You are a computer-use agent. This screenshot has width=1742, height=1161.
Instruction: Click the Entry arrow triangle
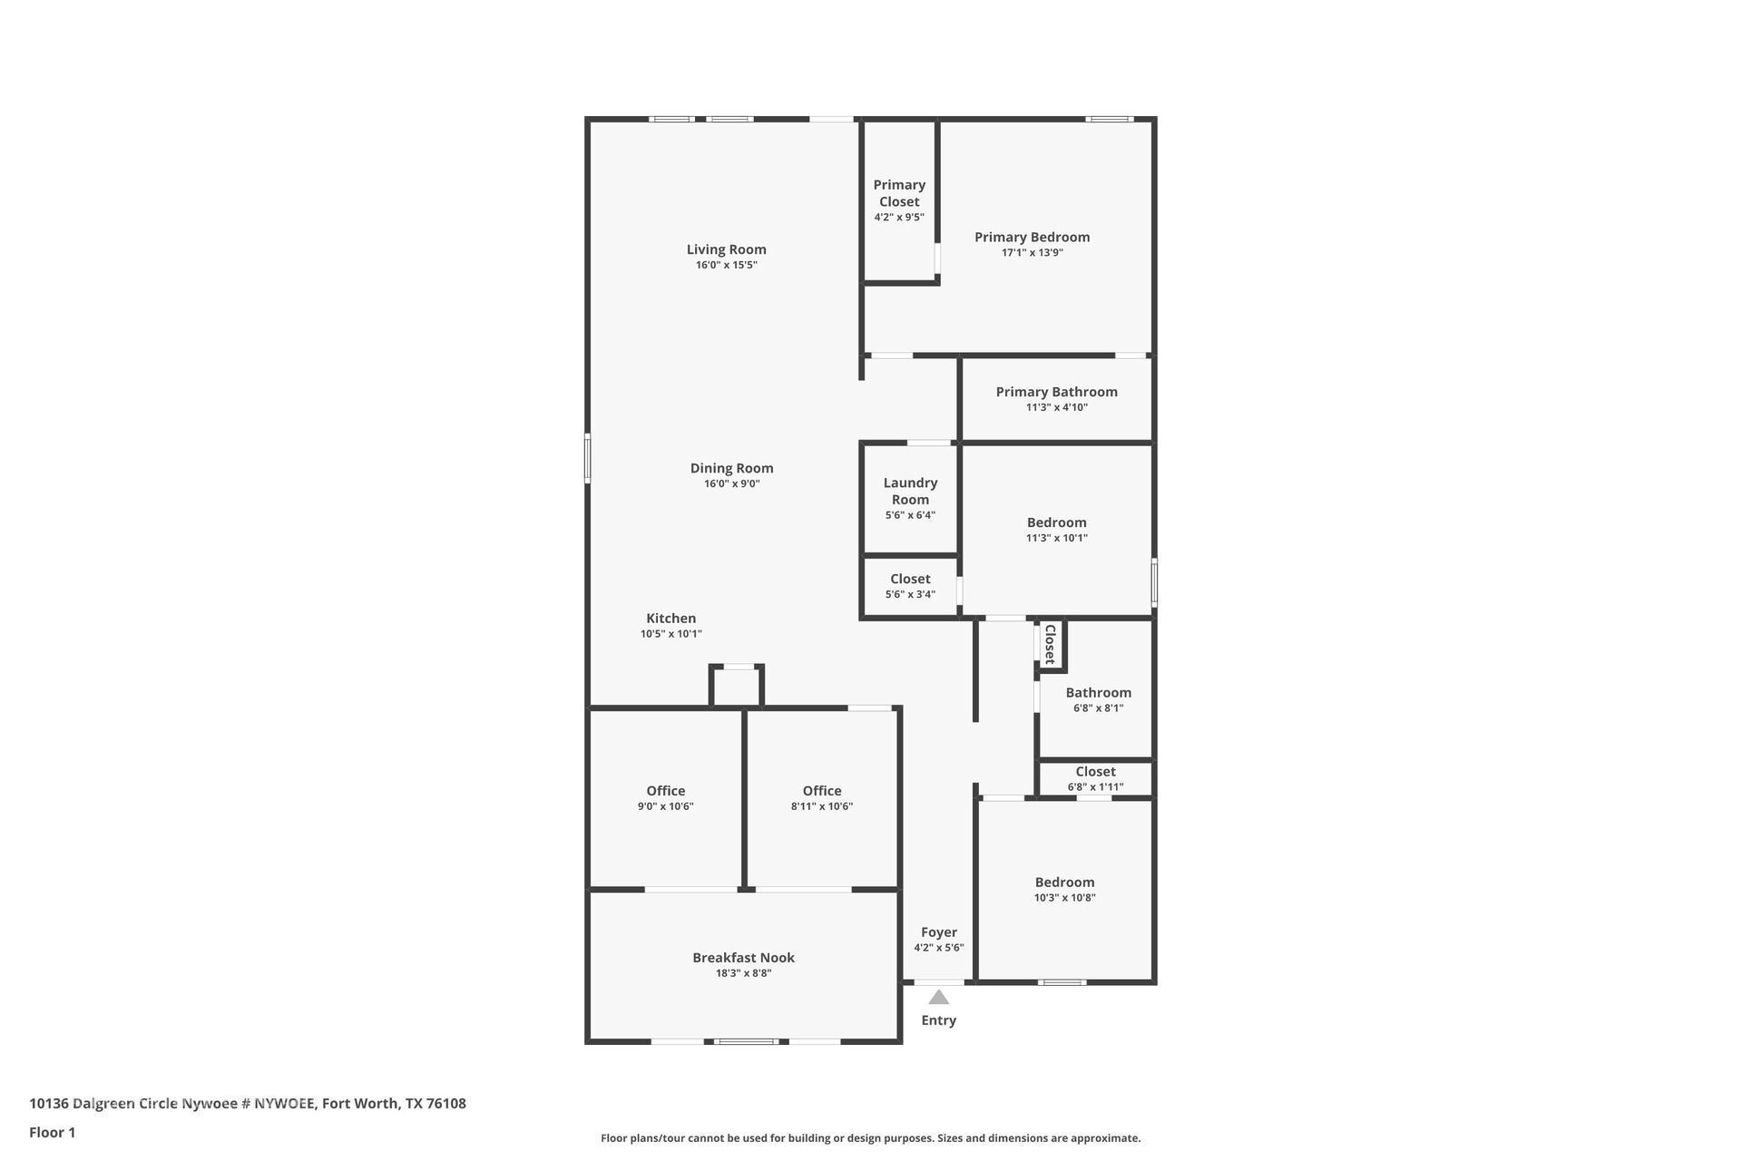click(938, 998)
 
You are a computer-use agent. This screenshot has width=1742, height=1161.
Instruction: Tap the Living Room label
click(726, 249)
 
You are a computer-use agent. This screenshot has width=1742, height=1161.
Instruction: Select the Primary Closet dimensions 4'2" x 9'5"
click(899, 218)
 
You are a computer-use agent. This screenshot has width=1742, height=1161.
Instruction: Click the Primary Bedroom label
click(1032, 237)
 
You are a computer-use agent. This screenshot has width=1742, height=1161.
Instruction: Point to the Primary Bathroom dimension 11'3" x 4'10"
click(1056, 407)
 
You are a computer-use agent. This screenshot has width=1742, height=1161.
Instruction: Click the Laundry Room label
click(910, 491)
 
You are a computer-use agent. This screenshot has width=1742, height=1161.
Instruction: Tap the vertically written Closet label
click(1050, 644)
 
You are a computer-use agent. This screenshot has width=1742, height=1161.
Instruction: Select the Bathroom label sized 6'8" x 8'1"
click(1098, 693)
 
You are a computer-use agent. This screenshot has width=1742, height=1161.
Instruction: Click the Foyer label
click(938, 932)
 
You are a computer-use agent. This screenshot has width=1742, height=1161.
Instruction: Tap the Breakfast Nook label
click(743, 958)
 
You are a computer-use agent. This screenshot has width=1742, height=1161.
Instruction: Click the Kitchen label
click(670, 619)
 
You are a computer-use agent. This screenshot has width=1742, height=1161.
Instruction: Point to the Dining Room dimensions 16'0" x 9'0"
click(731, 484)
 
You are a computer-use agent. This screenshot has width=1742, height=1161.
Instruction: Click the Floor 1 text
click(52, 1132)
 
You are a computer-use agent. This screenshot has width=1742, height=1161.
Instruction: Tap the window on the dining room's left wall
click(587, 458)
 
